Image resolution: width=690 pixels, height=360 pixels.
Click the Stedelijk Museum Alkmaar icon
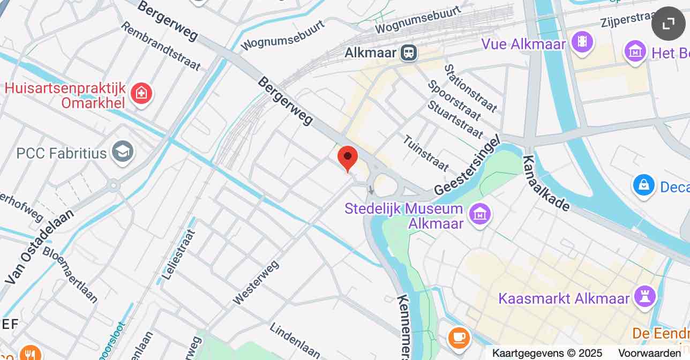point(480,214)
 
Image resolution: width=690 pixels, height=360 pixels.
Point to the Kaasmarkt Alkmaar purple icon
point(644,296)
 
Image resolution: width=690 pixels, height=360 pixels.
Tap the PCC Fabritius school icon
point(123,153)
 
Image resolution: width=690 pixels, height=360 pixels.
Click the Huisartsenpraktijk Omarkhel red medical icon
point(141,94)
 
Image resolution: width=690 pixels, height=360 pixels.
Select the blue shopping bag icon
point(643,185)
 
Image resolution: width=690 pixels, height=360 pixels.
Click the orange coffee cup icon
point(459,337)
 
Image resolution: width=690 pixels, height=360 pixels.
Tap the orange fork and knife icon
point(29,354)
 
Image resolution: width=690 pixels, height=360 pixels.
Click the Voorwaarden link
point(649,353)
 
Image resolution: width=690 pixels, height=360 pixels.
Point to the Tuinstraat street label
point(426,153)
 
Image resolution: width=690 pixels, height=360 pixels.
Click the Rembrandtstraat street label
point(160,46)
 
